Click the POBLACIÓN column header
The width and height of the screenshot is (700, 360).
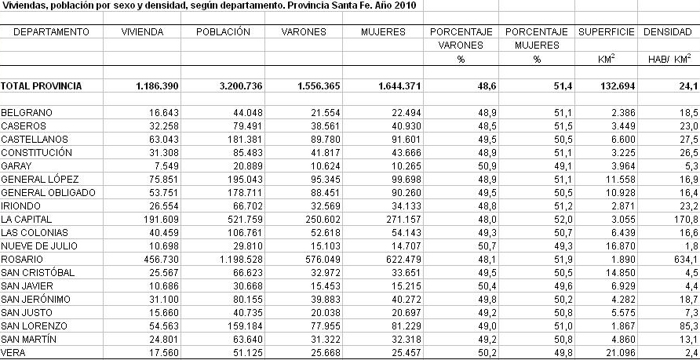coord(223,32)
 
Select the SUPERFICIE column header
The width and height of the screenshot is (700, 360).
coord(607,32)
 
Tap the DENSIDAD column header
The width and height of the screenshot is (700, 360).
coord(667,32)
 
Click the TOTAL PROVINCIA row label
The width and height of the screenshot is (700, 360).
coord(42,86)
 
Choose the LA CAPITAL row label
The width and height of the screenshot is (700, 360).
coord(27,220)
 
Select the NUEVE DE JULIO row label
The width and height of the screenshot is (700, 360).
coord(38,245)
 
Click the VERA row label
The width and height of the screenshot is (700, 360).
coord(13,353)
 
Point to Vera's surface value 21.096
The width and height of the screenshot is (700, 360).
coord(620,353)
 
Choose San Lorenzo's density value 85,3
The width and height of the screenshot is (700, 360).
coord(689,326)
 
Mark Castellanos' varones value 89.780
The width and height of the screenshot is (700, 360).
coord(324,139)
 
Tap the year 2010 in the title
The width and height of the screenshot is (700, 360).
coord(406,5)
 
